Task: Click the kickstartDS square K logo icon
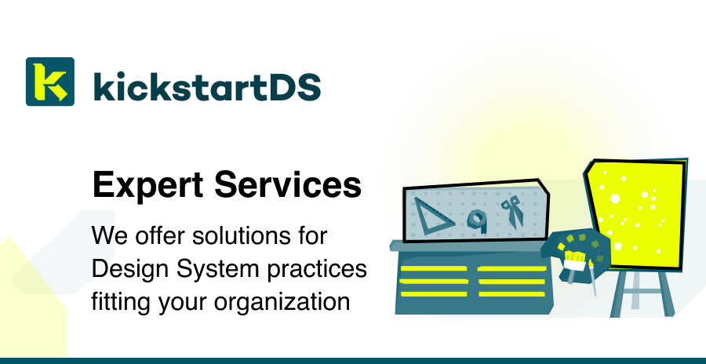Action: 50,82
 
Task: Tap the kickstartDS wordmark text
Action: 207,86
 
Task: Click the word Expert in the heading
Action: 147,185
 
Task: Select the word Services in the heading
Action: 288,184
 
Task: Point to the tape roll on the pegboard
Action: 477,220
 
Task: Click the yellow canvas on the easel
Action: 636,213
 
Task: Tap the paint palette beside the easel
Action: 577,254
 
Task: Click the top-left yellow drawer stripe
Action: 434,268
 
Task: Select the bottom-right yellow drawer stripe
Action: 512,294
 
